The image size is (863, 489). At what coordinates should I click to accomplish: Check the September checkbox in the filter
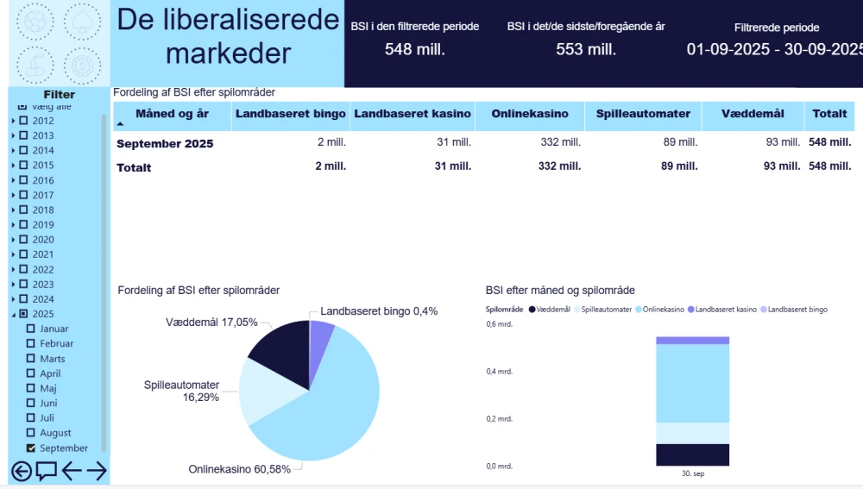(x=32, y=448)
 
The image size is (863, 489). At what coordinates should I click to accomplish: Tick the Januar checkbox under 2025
(x=32, y=329)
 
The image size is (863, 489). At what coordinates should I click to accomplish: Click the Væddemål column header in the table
(x=752, y=114)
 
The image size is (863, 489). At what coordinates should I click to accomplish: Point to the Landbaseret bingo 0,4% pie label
(x=378, y=311)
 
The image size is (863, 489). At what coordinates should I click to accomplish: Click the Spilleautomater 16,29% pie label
(x=182, y=391)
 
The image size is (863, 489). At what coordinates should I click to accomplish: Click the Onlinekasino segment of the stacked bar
(x=692, y=383)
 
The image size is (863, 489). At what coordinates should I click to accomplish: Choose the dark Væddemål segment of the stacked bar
(x=692, y=455)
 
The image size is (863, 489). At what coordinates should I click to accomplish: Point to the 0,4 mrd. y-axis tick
(x=499, y=372)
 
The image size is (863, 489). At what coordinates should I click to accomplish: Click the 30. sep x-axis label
(x=692, y=473)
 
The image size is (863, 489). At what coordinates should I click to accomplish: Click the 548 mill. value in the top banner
(x=414, y=49)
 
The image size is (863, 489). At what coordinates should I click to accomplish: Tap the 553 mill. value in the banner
(x=586, y=49)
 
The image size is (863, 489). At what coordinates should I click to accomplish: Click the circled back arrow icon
(x=21, y=471)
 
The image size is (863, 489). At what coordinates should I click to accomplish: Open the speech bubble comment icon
(x=47, y=471)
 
